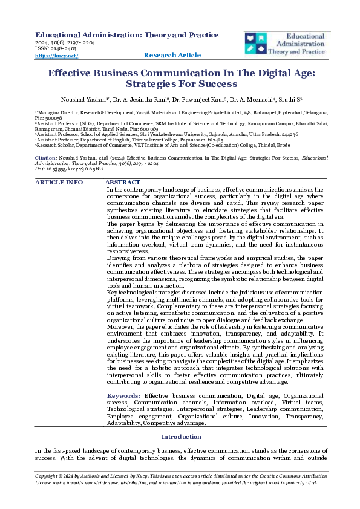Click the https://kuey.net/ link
(x=57, y=56)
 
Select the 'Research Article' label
(x=172, y=56)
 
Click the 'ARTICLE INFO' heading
(x=59, y=182)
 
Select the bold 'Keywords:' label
(x=120, y=395)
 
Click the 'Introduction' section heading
(x=180, y=436)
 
